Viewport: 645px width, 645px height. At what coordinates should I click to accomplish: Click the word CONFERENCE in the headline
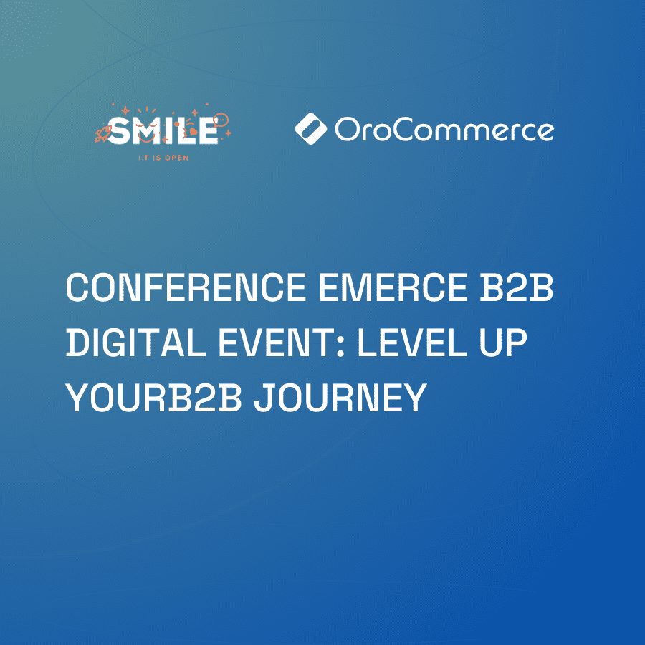coord(186,287)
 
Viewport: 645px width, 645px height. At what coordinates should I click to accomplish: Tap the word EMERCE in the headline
coord(393,287)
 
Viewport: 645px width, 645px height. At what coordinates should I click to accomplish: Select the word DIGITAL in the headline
coord(135,342)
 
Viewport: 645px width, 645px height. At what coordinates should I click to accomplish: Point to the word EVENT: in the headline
coord(281,342)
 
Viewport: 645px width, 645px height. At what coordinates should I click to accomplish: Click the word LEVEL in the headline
coord(412,342)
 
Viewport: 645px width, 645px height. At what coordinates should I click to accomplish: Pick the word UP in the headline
coord(504,342)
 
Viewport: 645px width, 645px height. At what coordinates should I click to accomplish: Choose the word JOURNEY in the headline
coord(340,397)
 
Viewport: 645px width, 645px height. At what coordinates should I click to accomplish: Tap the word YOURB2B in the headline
coord(154,397)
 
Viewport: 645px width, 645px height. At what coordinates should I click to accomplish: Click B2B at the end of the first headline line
coord(517,287)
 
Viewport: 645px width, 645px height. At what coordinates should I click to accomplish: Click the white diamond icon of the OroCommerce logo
coord(311,129)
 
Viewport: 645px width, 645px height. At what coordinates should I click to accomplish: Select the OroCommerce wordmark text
coord(444,130)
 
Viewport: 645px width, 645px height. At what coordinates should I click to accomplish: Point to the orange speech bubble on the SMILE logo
coord(221,120)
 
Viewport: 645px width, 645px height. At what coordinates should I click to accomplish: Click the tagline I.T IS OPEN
coord(163,158)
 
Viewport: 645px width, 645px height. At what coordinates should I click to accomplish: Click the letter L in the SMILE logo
coord(182,130)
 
